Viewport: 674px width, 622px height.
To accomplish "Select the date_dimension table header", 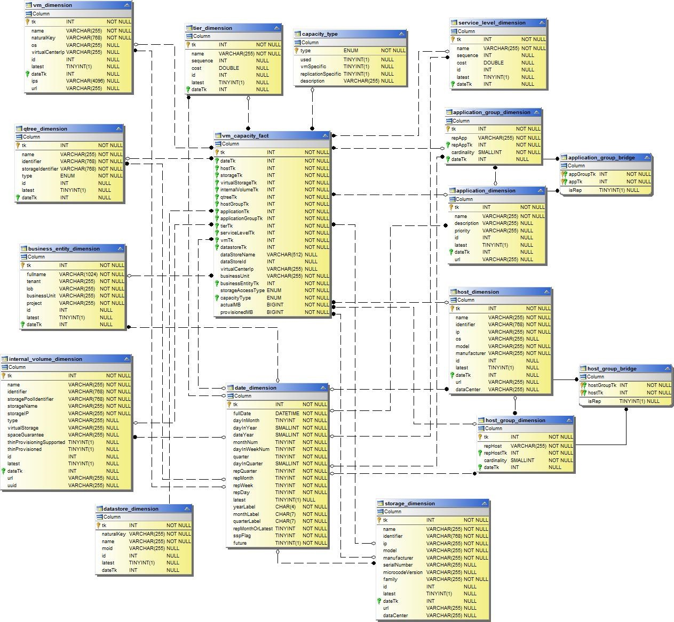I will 255,388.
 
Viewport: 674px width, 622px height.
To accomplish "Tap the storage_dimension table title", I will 409,504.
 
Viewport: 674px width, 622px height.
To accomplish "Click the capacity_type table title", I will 319,34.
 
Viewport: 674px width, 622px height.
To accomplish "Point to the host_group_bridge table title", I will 612,369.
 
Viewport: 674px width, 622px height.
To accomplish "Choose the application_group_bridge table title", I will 601,158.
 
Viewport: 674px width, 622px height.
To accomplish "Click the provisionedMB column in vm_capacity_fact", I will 236,312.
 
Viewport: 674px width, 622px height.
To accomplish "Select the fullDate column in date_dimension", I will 242,414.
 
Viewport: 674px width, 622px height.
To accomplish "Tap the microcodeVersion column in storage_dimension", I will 402,572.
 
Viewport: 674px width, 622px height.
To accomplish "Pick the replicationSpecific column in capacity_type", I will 320,74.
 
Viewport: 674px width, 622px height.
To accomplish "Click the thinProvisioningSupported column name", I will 36,442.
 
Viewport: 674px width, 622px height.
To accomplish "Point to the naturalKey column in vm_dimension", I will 43,38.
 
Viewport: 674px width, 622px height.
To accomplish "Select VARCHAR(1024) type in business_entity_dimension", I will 78,274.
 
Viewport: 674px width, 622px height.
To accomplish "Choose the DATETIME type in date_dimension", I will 287,414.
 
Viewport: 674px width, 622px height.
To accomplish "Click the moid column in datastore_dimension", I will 107,548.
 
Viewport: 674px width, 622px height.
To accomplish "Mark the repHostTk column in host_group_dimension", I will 495,453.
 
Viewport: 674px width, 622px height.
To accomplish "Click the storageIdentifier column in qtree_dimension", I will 40,169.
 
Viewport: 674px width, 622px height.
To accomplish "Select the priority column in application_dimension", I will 462,231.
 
